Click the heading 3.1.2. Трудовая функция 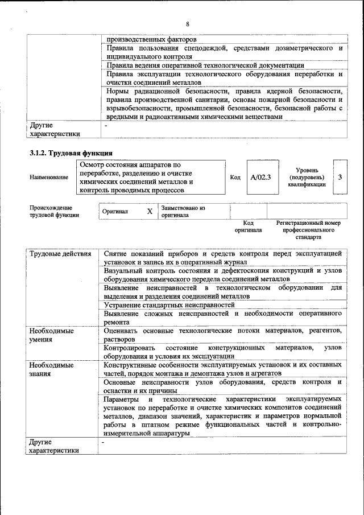(71, 153)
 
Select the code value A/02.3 (260, 177)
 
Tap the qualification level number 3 (340, 177)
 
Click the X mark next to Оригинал (150, 212)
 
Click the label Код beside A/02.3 (235, 177)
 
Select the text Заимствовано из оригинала (183, 212)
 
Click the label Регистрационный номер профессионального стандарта (308, 230)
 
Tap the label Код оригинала (248, 227)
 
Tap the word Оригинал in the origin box (115, 212)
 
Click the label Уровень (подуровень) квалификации (307, 177)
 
